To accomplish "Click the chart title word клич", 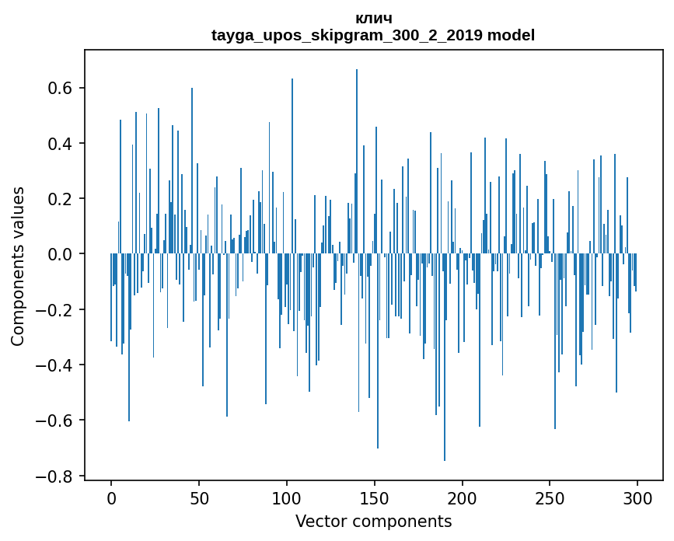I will click(x=373, y=18).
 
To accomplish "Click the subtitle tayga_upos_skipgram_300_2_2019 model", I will click(x=373, y=35).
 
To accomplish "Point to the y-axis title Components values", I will click(x=18, y=266).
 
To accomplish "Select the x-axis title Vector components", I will click(x=373, y=521).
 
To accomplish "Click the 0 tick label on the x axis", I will click(x=111, y=498).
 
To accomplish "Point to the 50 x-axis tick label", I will click(x=199, y=498).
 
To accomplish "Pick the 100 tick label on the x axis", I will click(x=287, y=498).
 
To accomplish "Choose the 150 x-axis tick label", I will click(x=375, y=498).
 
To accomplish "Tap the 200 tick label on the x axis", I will click(x=463, y=498).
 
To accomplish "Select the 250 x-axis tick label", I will click(x=550, y=498).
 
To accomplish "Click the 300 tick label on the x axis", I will click(x=638, y=498).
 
